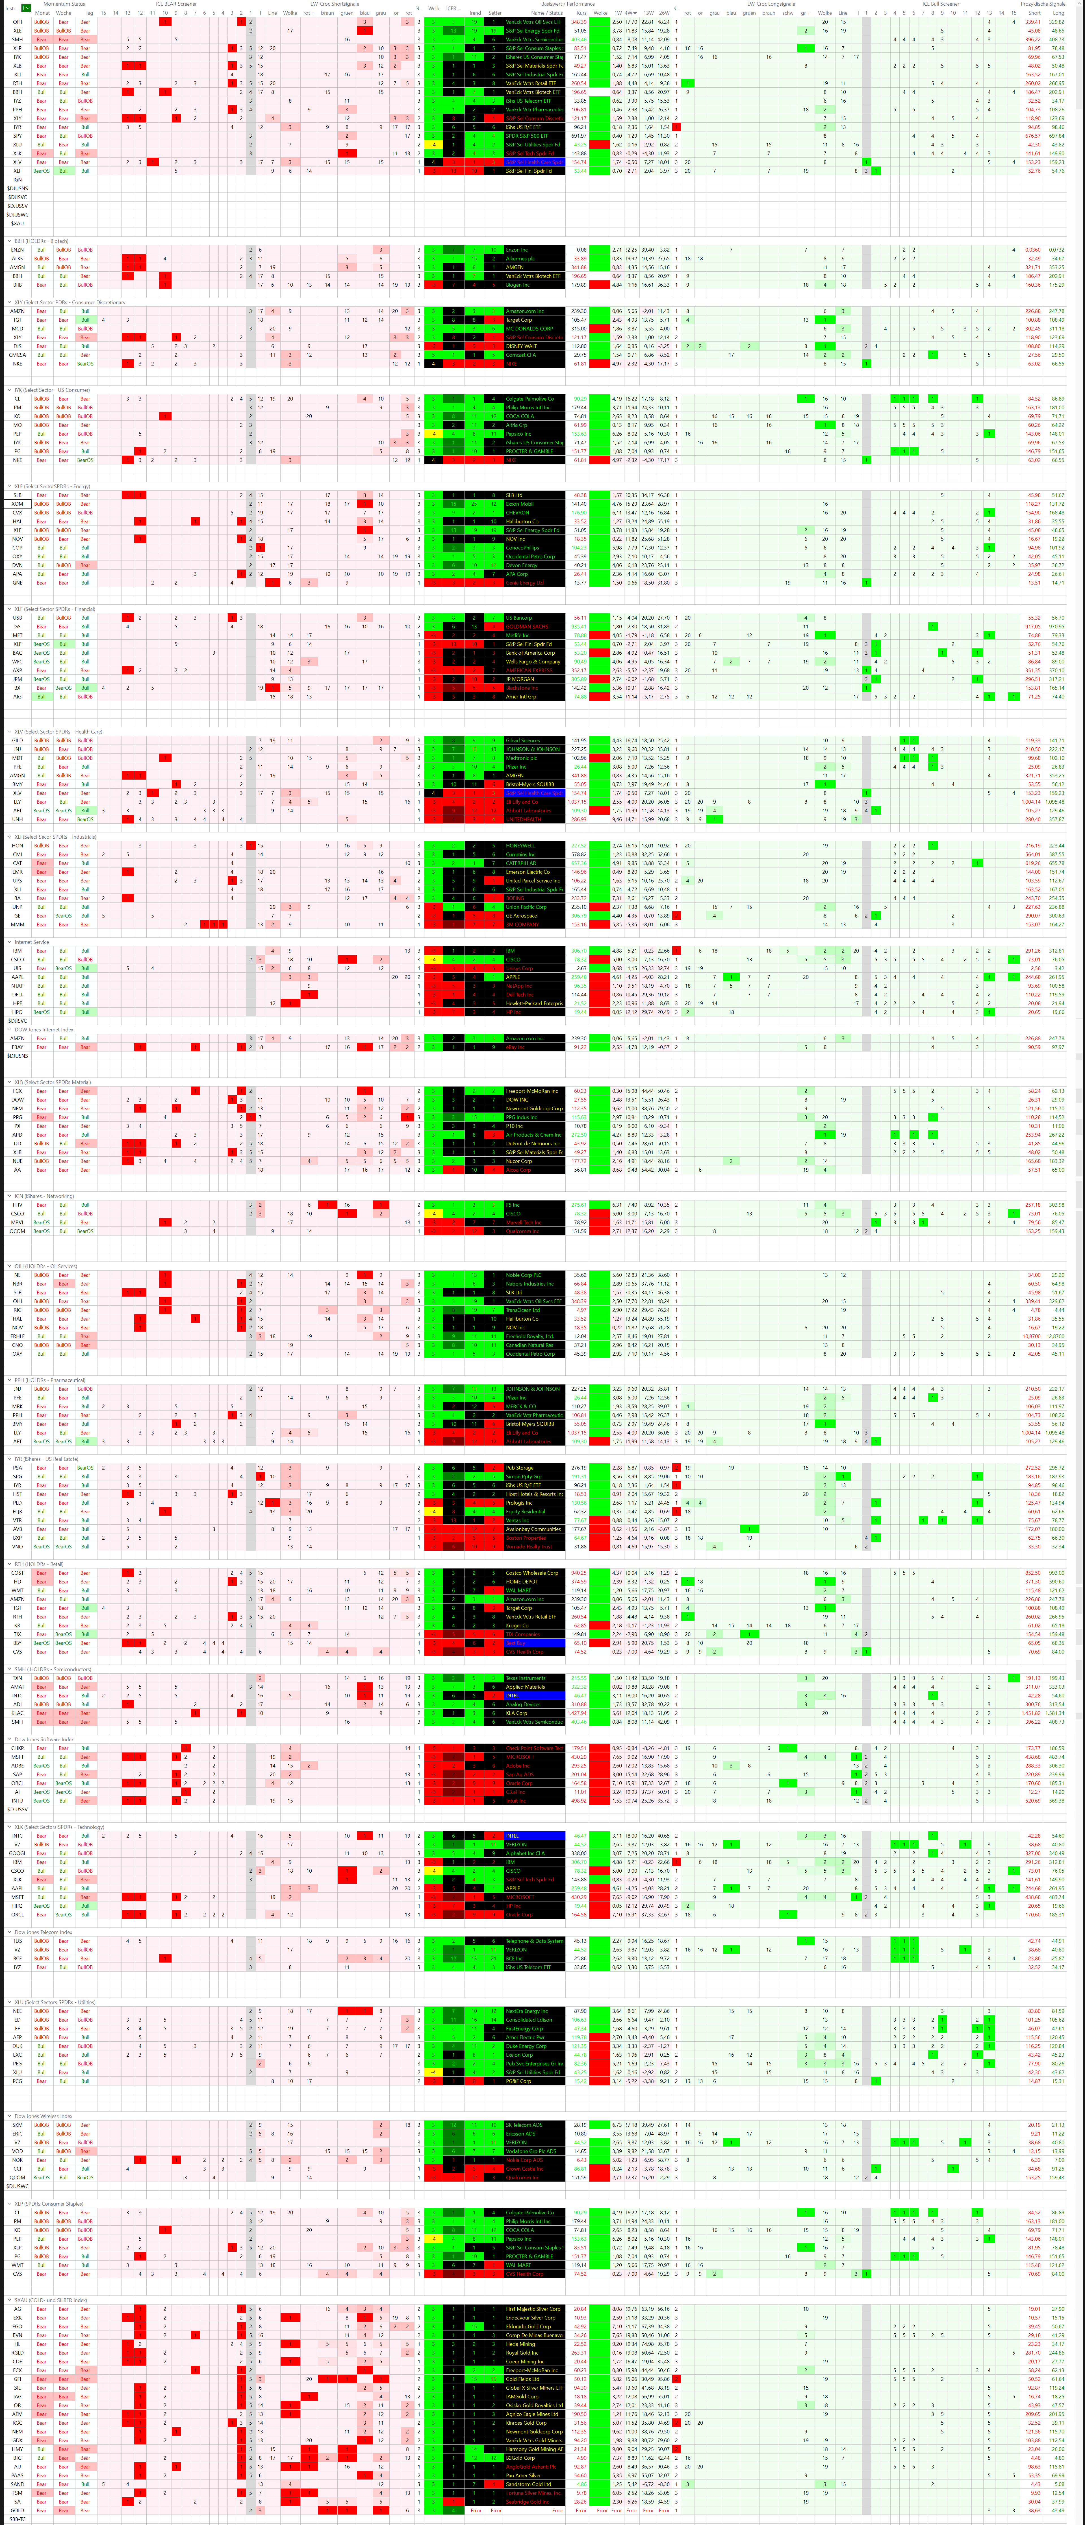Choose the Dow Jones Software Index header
(x=44, y=1739)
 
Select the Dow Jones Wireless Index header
(x=44, y=2116)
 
